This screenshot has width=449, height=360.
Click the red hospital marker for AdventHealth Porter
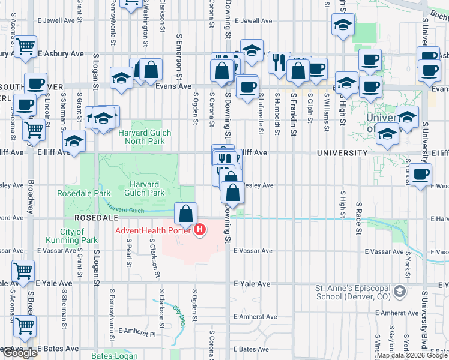[200, 229]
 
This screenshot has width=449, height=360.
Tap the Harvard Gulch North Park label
[145, 137]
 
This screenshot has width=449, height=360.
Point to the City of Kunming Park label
[79, 236]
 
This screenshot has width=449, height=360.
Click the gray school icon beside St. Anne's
[397, 292]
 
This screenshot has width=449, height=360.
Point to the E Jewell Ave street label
[253, 20]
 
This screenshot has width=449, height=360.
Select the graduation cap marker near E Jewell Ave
[343, 25]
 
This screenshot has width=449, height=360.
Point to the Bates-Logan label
[112, 356]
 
